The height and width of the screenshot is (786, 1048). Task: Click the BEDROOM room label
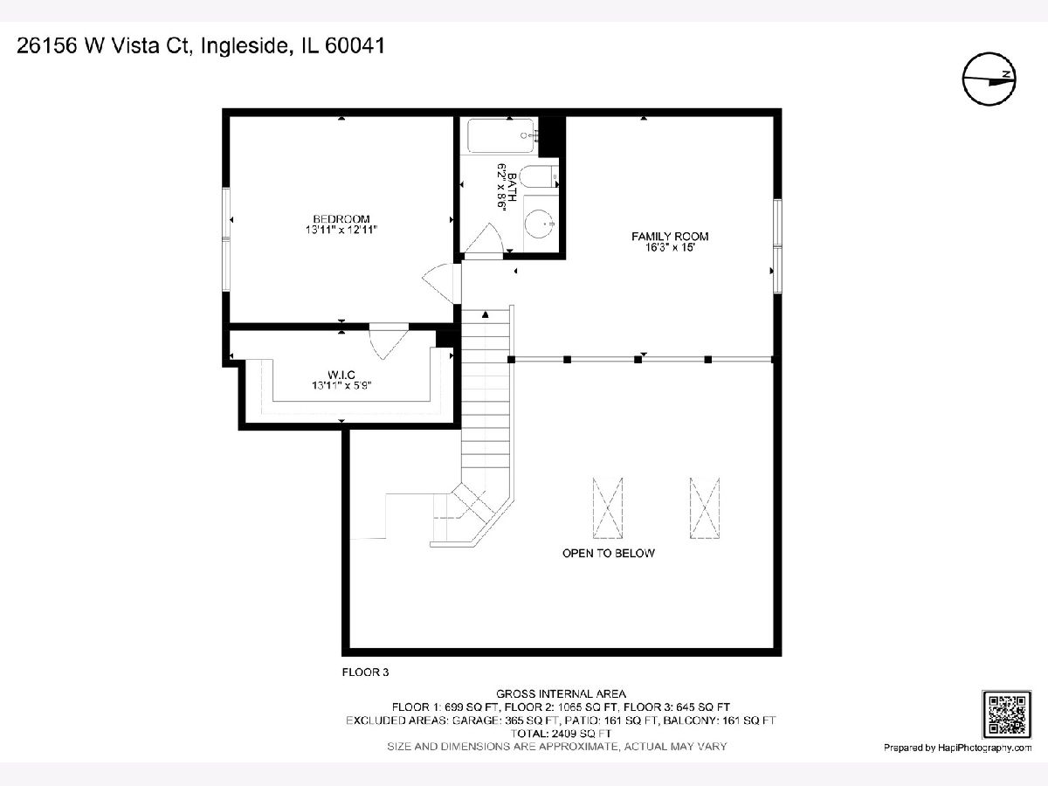pyautogui.click(x=341, y=219)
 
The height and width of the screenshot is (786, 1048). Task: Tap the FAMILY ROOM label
pyautogui.click(x=670, y=236)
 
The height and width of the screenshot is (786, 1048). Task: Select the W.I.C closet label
pyautogui.click(x=341, y=376)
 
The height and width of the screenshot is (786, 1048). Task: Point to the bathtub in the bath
pyautogui.click(x=500, y=135)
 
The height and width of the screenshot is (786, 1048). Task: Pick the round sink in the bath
pyautogui.click(x=540, y=223)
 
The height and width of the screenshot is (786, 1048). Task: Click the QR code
pyautogui.click(x=1006, y=714)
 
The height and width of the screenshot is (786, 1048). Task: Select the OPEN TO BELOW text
pyautogui.click(x=608, y=553)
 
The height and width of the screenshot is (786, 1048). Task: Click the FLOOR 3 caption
pyautogui.click(x=365, y=672)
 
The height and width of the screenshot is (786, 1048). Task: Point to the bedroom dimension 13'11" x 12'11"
pyautogui.click(x=341, y=230)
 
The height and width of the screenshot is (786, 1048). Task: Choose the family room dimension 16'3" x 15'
pyautogui.click(x=670, y=248)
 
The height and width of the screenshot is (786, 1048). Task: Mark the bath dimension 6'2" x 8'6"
pyautogui.click(x=501, y=186)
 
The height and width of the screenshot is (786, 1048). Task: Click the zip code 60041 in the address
pyautogui.click(x=355, y=45)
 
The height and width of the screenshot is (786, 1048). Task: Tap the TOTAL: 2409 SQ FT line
pyautogui.click(x=561, y=734)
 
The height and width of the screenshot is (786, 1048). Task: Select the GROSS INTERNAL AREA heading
pyautogui.click(x=561, y=694)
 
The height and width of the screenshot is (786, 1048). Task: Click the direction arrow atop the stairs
pyautogui.click(x=485, y=314)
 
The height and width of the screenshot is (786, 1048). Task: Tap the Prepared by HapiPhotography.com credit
pyautogui.click(x=957, y=748)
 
